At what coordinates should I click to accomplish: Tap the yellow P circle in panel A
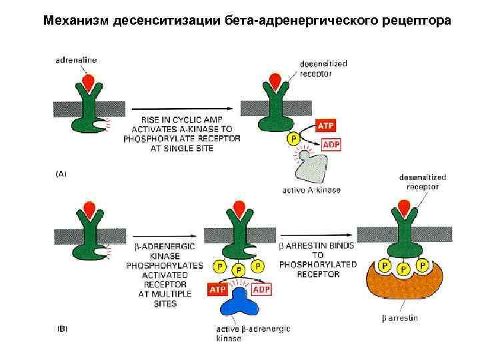click(x=292, y=139)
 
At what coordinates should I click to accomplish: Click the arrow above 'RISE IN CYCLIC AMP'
click(x=180, y=107)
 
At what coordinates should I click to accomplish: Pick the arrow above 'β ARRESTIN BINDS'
click(x=317, y=235)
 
